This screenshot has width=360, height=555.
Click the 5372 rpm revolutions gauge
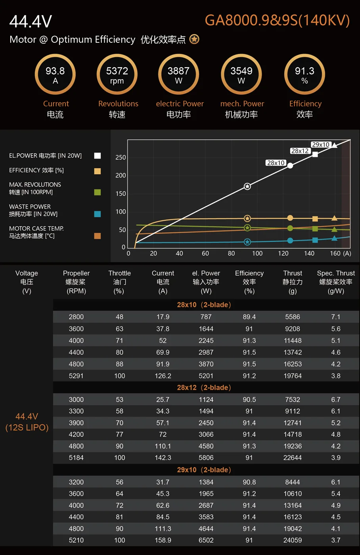[117, 75]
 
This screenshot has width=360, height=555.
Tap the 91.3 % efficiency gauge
[304, 75]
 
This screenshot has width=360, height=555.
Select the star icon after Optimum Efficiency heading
[194, 39]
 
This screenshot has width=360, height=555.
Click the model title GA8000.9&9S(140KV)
[277, 20]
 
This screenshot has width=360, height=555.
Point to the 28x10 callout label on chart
[276, 163]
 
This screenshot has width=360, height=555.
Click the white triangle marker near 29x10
[335, 145]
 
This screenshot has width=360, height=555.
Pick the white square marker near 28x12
[315, 154]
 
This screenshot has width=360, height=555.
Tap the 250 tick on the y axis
[121, 157]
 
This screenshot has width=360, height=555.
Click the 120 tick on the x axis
[283, 253]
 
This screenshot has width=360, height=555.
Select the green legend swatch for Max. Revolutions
[97, 192]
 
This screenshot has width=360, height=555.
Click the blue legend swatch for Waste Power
[97, 214]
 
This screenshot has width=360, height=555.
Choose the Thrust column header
[293, 282]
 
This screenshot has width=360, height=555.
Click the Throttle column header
[119, 282]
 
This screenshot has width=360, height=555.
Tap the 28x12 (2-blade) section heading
[204, 387]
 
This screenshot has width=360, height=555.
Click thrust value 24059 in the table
[293, 540]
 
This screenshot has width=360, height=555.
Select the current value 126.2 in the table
[163, 376]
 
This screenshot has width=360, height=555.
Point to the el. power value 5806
[206, 457]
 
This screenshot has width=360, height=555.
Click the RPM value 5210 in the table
[76, 540]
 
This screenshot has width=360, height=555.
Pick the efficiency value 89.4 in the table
[249, 317]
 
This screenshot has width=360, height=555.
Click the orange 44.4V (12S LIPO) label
[27, 422]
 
